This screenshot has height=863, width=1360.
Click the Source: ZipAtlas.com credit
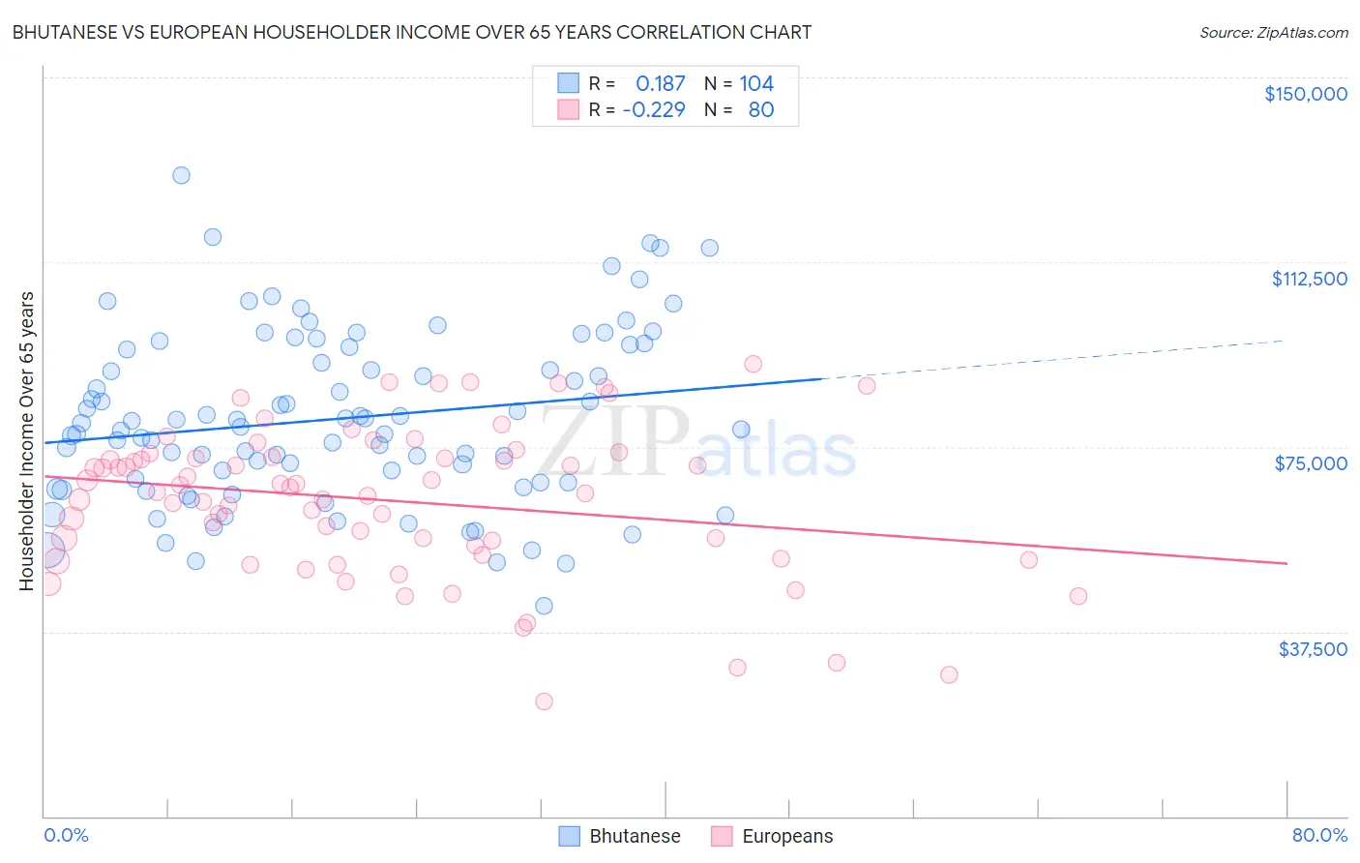(x=1273, y=32)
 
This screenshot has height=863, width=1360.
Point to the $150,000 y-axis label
(x=1305, y=94)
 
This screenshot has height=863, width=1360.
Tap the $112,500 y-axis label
(x=1309, y=279)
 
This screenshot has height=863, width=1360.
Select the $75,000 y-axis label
(x=1311, y=463)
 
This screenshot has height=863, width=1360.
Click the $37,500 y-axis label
(x=1313, y=649)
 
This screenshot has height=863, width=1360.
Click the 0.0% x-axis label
(x=66, y=835)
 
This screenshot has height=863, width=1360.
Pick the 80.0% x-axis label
(x=1319, y=835)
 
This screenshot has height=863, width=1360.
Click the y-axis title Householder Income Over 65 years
(x=27, y=440)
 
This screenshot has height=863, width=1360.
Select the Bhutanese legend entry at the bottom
(x=619, y=836)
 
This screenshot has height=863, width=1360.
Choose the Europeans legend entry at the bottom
(x=771, y=836)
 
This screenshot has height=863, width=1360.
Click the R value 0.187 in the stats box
(x=660, y=84)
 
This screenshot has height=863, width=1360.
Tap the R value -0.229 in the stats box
(x=654, y=109)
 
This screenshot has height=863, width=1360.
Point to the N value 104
(x=756, y=84)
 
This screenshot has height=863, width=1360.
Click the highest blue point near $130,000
(x=181, y=175)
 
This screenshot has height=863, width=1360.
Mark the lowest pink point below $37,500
(x=544, y=701)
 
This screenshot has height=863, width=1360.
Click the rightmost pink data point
(x=1078, y=596)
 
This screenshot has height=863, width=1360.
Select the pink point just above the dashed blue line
(x=753, y=364)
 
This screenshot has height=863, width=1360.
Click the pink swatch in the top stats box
(x=568, y=109)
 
